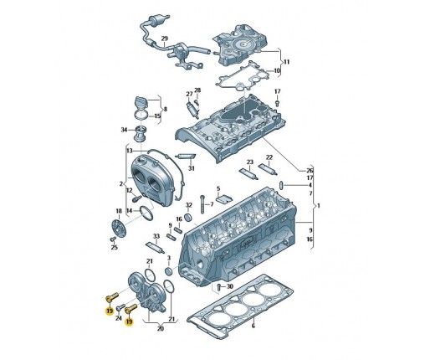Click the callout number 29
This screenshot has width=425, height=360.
(x=165, y=39)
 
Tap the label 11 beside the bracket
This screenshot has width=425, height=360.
(x=286, y=62)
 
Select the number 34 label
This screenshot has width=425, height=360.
(x=124, y=130)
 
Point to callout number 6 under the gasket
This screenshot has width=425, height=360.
(x=253, y=326)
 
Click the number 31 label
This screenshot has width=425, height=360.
(x=192, y=168)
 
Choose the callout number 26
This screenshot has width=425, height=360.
(x=310, y=171)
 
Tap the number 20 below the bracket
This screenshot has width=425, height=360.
(x=160, y=329)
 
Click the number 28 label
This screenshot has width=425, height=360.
(x=197, y=90)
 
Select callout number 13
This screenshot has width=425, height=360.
(x=129, y=151)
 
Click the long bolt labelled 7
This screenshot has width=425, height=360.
(x=202, y=204)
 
